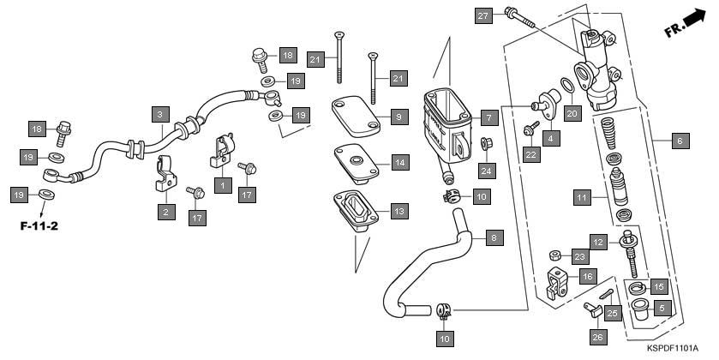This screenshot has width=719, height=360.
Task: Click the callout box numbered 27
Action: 483,15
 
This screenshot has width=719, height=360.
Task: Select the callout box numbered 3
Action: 159,113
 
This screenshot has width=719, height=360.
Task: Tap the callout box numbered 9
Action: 399,115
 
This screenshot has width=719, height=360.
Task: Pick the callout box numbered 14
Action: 399,162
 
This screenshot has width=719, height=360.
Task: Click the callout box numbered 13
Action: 399,210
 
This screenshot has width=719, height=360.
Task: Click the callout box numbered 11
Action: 583,198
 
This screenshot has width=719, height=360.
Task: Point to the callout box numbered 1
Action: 222,184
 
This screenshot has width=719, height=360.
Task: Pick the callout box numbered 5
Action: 661,307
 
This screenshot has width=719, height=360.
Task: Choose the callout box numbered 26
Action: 597,337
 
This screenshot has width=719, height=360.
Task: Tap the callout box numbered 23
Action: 580,256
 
